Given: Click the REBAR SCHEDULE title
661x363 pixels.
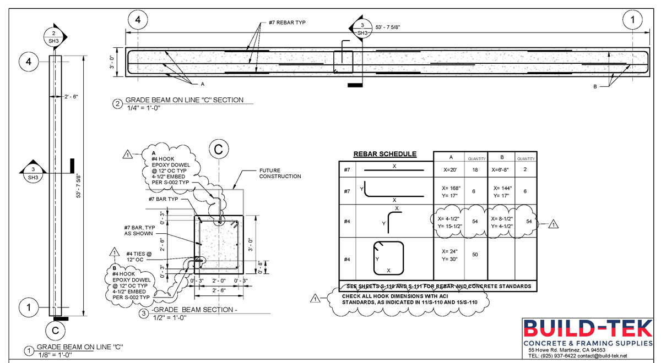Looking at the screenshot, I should tap(384, 154).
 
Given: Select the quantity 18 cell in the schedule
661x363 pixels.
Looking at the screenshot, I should tap(474, 170).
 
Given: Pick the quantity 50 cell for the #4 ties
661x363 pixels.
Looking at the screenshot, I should tap(474, 254).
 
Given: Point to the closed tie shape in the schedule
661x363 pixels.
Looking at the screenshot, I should tap(388, 258).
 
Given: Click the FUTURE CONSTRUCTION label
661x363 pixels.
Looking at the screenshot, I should tap(280, 173).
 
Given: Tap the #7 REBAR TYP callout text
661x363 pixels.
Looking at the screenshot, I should tap(287, 23).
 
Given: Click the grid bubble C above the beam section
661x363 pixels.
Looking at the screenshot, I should tap(219, 148).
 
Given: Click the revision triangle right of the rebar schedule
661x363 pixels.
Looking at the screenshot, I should tap(554, 223).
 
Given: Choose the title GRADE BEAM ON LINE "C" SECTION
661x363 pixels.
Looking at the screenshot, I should tap(184, 100).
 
